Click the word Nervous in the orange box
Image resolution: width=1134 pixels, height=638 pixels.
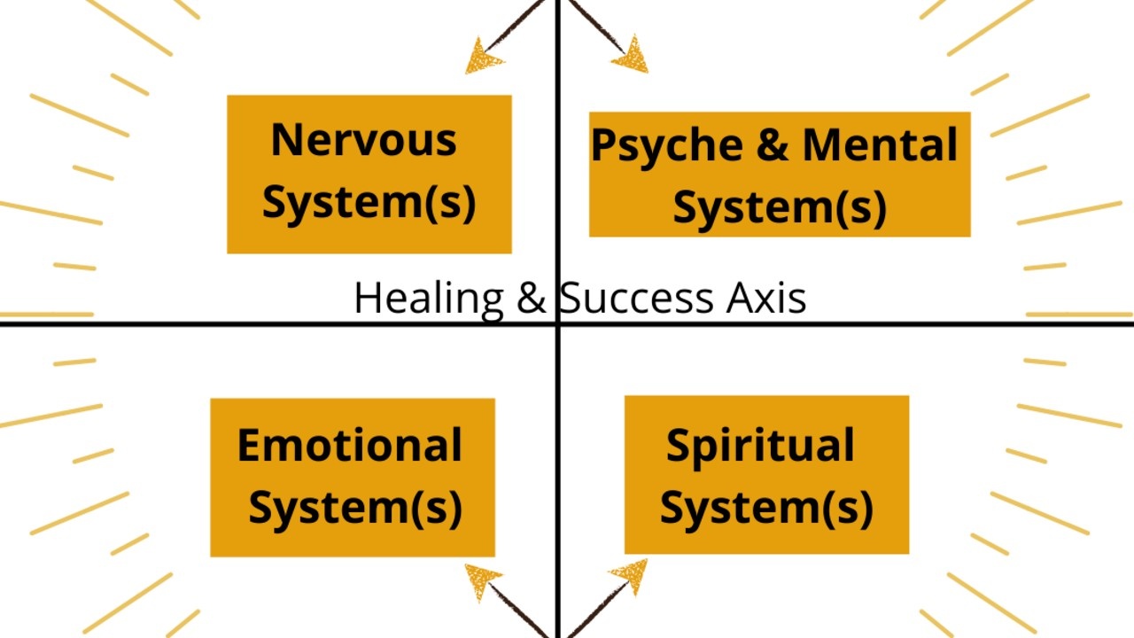click(363, 140)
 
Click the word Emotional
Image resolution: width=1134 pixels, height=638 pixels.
click(349, 445)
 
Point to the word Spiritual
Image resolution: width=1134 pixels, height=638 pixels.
click(760, 445)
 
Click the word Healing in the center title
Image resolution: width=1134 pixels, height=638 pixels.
click(429, 299)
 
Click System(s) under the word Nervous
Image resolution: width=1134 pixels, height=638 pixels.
click(369, 202)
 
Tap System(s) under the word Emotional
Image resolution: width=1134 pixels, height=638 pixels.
click(354, 508)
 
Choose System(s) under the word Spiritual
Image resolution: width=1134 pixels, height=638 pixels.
click(766, 508)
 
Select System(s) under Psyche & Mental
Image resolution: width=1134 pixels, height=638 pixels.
click(780, 206)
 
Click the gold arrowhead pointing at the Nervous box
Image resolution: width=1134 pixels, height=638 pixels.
click(482, 58)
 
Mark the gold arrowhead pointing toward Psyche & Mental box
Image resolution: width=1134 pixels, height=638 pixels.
click(633, 56)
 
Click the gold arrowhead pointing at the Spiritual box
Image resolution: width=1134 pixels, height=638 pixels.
click(632, 576)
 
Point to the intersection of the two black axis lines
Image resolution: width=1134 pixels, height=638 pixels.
click(557, 324)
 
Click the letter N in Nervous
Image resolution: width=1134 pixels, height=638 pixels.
click(288, 140)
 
